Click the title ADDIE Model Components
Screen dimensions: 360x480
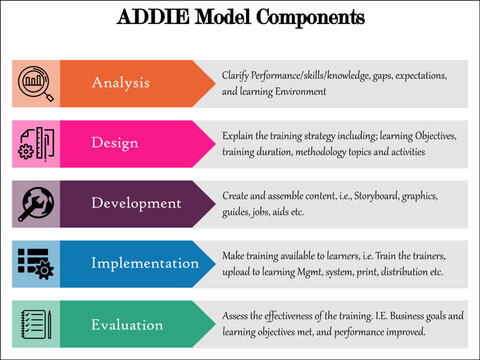tap(241, 18)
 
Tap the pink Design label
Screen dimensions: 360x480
tap(114, 143)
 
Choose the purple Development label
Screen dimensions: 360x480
tap(136, 203)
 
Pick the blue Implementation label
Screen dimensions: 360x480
tap(145, 263)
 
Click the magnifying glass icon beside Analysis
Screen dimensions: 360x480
tap(36, 83)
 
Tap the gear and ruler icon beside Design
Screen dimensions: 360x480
tap(36, 143)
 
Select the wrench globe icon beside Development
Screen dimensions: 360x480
tap(36, 203)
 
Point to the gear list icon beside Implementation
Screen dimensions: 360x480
tap(36, 263)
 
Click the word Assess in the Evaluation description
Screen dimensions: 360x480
tap(237, 316)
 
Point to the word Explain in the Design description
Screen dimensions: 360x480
tap(239, 136)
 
